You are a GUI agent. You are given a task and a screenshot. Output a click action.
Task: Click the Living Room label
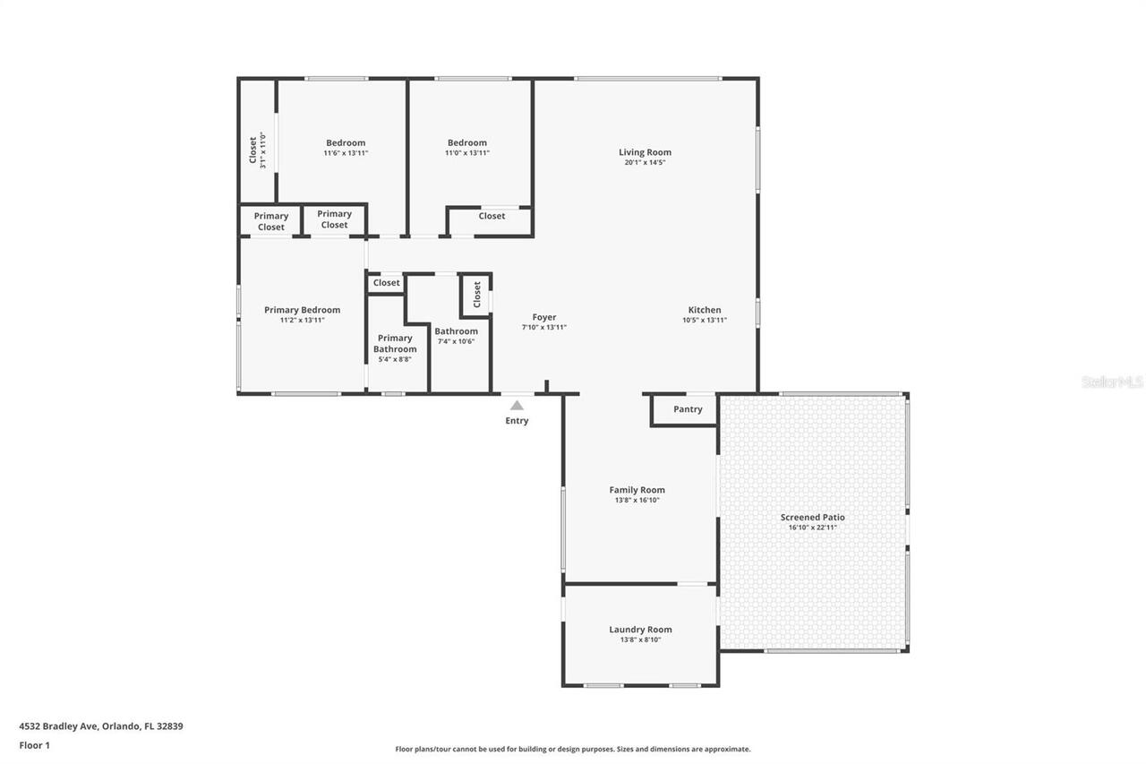pos(645,152)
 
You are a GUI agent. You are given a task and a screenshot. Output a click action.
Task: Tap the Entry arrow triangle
pos(517,406)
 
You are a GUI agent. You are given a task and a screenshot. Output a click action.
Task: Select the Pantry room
pos(688,409)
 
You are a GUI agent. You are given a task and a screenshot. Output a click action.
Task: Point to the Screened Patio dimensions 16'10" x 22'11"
pos(812,528)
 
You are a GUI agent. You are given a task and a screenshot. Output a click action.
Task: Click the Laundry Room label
pos(640,630)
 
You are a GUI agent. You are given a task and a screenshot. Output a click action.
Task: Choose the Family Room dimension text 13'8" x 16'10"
pos(637,501)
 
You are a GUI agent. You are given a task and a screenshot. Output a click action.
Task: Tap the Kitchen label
pos(704,310)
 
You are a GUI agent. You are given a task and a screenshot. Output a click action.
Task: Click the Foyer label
pos(543,317)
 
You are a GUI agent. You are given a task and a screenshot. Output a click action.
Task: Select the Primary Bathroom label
pos(395,343)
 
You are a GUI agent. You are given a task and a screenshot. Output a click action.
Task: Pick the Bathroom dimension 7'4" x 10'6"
pos(456,341)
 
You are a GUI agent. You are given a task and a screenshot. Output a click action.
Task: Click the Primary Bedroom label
pos(302,310)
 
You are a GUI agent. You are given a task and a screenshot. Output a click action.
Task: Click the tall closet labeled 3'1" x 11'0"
pos(257,151)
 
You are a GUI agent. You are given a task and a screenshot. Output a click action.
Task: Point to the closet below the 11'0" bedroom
pos(492,216)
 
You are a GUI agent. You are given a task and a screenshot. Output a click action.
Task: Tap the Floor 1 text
pos(34,745)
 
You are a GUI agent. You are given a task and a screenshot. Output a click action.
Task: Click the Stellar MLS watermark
pos(1112,382)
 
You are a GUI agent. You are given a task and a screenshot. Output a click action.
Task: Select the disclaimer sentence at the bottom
pos(573,749)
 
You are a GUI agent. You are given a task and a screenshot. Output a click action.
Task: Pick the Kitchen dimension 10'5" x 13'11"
pos(704,320)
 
